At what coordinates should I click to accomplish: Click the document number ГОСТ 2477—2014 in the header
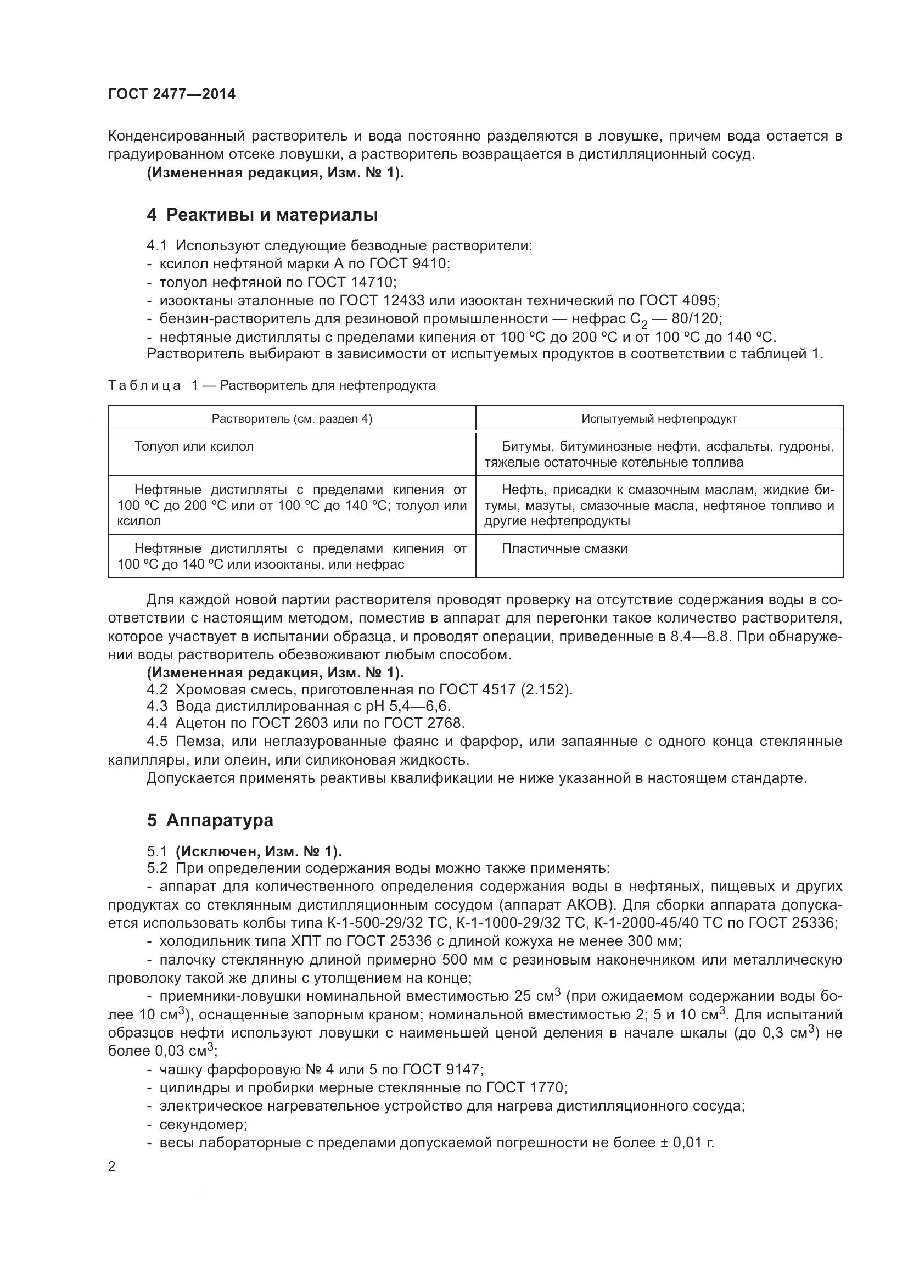(172, 94)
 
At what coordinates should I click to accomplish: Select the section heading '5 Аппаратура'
(210, 820)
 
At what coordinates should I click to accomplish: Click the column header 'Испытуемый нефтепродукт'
(659, 419)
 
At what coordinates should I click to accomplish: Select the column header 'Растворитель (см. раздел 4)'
(292, 419)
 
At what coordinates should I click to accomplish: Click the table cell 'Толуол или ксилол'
(194, 446)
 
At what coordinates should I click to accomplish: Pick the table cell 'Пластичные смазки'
(564, 548)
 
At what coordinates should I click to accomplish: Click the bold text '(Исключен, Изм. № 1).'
(259, 851)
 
